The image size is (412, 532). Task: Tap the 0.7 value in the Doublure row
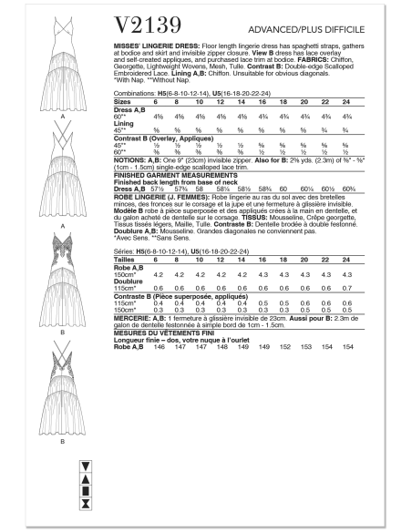(x=369, y=289)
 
